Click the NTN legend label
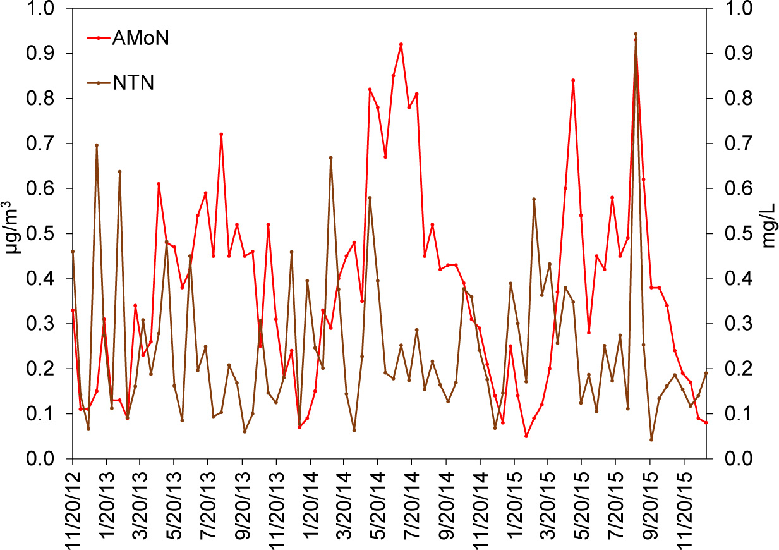point(133,83)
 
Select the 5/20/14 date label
point(378,506)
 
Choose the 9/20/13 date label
point(243,506)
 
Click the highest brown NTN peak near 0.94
point(636,34)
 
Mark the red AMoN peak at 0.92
point(401,44)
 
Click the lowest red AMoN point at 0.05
point(526,436)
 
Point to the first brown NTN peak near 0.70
point(97,145)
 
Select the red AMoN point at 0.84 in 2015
point(573,80)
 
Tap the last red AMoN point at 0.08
point(706,422)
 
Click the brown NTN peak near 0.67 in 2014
point(330,157)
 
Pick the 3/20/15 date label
point(548,506)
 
